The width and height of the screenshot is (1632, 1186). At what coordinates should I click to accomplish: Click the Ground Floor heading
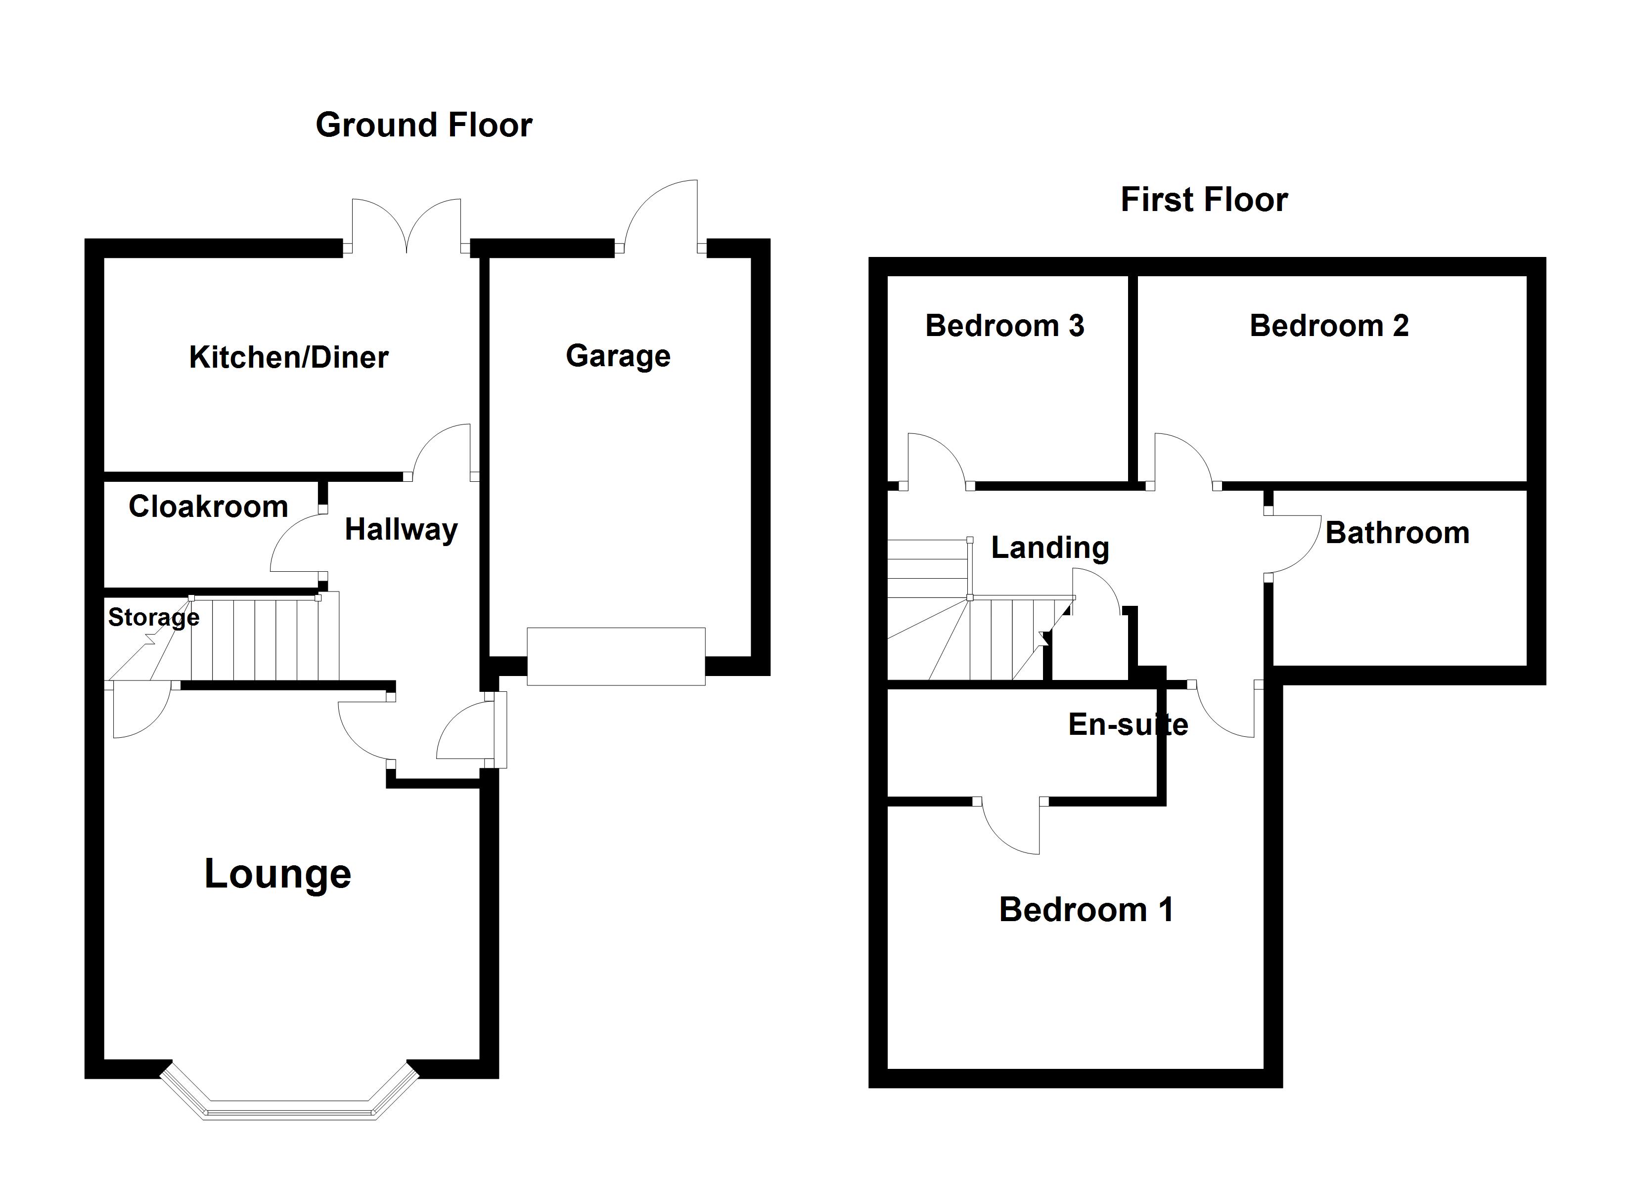click(424, 125)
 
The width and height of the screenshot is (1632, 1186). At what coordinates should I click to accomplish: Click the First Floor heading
click(1203, 200)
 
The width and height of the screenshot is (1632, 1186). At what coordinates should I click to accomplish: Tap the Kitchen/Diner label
click(288, 357)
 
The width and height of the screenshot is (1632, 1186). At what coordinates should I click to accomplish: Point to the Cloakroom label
click(208, 507)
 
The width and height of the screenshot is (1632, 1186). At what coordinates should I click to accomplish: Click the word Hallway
click(401, 530)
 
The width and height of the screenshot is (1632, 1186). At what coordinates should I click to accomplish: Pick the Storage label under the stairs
click(153, 617)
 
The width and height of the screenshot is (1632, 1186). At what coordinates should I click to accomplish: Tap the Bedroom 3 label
click(1004, 326)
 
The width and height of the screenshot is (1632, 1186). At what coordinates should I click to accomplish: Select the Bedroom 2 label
click(1328, 326)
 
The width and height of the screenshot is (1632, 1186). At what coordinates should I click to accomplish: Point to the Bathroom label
click(1397, 533)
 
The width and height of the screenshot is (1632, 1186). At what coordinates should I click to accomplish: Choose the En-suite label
click(1127, 724)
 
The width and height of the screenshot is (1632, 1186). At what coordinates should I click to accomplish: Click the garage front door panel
click(616, 656)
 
